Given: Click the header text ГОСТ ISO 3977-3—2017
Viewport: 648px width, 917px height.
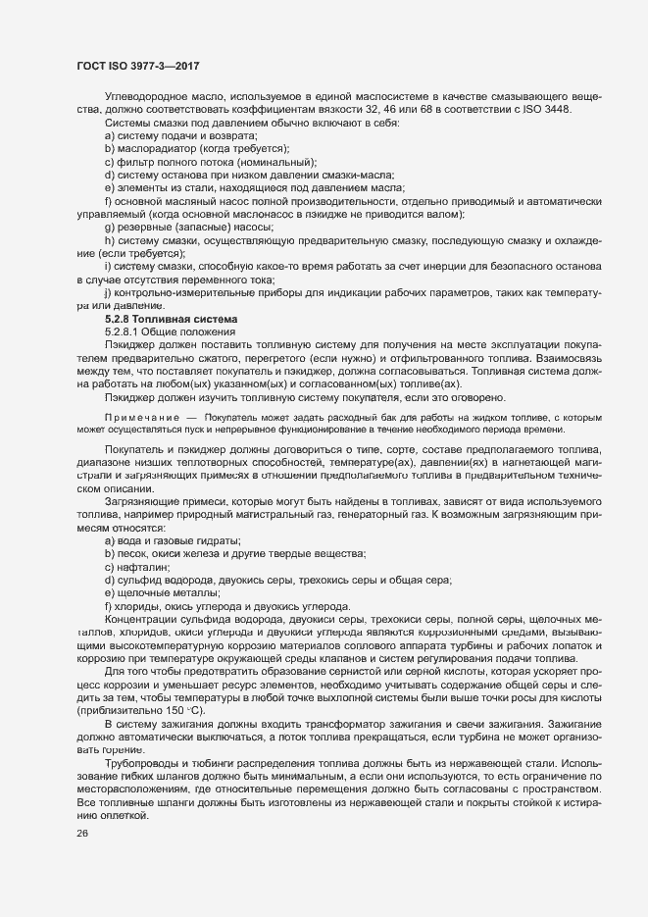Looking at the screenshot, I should [x=139, y=66].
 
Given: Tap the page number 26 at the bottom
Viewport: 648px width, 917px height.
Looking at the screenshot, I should [x=81, y=834].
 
